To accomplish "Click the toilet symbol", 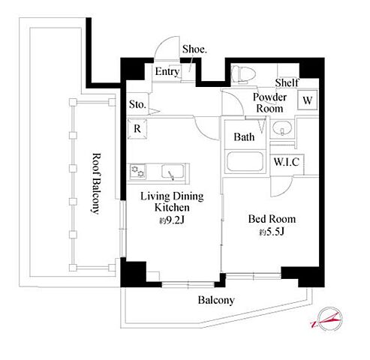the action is [x=243, y=74].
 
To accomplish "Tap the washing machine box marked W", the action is [x=308, y=100].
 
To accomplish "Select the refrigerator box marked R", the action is [x=137, y=129].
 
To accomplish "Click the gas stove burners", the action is [x=138, y=172].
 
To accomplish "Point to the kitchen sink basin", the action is [x=173, y=172].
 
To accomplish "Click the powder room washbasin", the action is [x=282, y=128].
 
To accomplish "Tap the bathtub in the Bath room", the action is [x=245, y=161].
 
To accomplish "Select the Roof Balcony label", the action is [x=96, y=184].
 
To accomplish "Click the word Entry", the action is [x=167, y=72].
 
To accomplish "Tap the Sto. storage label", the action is [x=137, y=104].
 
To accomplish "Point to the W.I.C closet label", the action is [x=287, y=162].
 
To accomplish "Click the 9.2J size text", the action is [x=173, y=220].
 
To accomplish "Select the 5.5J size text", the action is [x=272, y=232].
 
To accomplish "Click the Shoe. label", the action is [x=194, y=49].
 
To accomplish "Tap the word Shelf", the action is [x=287, y=82].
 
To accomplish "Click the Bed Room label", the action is [x=272, y=219].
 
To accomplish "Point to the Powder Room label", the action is [x=269, y=103].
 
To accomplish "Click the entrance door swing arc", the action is [x=161, y=43].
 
